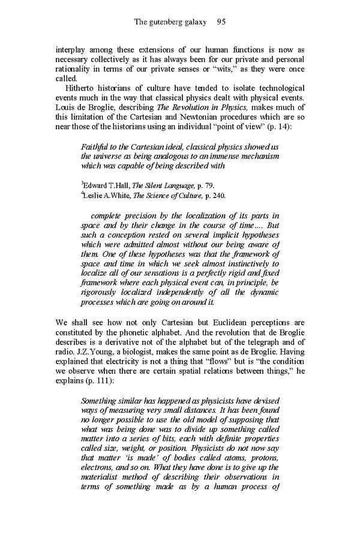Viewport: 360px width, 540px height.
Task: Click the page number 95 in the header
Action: point(220,22)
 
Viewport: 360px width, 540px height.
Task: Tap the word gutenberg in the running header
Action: point(170,22)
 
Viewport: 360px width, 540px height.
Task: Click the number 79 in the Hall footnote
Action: point(208,185)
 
